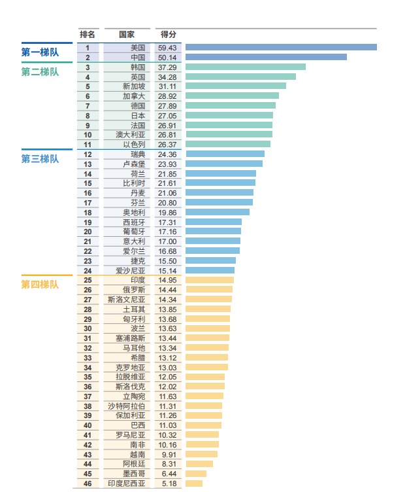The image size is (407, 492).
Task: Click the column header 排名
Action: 88,34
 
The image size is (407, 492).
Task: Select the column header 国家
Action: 127,34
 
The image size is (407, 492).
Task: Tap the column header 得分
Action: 168,34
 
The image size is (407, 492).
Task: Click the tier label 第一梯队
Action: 40,53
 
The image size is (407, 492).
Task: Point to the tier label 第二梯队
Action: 40,72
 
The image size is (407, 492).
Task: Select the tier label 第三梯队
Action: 40,159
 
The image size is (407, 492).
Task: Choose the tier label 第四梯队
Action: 40,285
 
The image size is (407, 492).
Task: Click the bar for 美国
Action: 281,47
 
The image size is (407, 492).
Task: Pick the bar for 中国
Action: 266,57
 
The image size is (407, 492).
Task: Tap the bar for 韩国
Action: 246,67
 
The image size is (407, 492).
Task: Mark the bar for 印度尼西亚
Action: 194,483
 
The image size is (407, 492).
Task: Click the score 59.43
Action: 168,48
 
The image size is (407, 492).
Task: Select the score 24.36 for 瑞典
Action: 168,154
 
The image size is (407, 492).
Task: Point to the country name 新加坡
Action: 134,86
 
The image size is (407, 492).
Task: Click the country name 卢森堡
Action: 134,164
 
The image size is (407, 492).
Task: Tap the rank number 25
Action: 88,280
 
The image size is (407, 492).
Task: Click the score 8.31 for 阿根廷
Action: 168,464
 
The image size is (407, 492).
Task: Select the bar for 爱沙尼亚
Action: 210,270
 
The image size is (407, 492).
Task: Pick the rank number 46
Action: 88,483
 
